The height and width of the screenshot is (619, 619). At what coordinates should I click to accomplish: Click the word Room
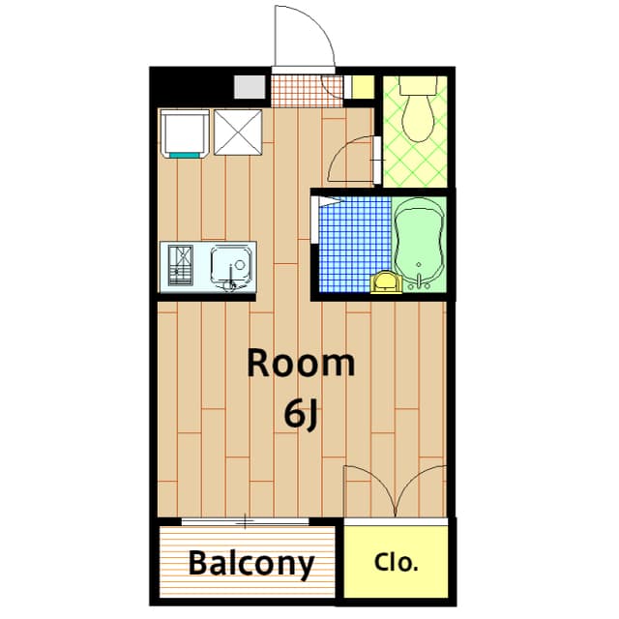(x=301, y=365)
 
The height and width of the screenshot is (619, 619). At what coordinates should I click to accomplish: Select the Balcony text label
(x=251, y=563)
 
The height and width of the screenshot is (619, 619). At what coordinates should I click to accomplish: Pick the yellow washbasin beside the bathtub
(x=384, y=281)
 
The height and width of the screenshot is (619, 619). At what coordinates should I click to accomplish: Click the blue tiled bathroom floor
(x=353, y=242)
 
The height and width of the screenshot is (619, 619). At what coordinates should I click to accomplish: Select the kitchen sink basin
(x=232, y=263)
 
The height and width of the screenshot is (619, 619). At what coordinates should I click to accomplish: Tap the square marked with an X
(x=237, y=133)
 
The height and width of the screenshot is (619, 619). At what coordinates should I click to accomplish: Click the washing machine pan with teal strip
(x=184, y=133)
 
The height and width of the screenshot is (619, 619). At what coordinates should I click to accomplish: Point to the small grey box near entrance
(x=250, y=86)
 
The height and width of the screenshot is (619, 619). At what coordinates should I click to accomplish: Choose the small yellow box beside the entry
(x=361, y=86)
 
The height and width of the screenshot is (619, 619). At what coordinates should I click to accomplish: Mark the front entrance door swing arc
(x=302, y=39)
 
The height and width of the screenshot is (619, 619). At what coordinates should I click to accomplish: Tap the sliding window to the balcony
(x=246, y=522)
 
